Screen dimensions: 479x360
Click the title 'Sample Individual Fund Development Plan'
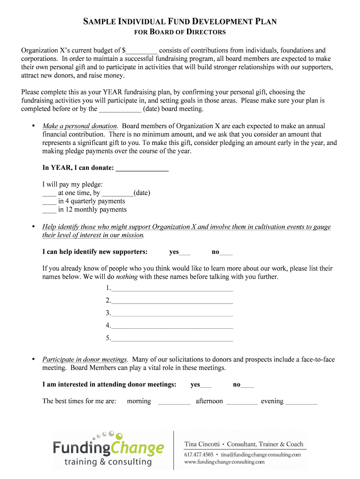(x=180, y=21)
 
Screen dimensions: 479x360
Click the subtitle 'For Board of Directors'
(x=180, y=32)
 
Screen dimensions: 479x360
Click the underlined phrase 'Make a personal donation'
(x=79, y=126)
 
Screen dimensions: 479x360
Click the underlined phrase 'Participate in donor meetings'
(x=85, y=359)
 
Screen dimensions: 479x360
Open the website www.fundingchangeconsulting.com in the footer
(x=224, y=462)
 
